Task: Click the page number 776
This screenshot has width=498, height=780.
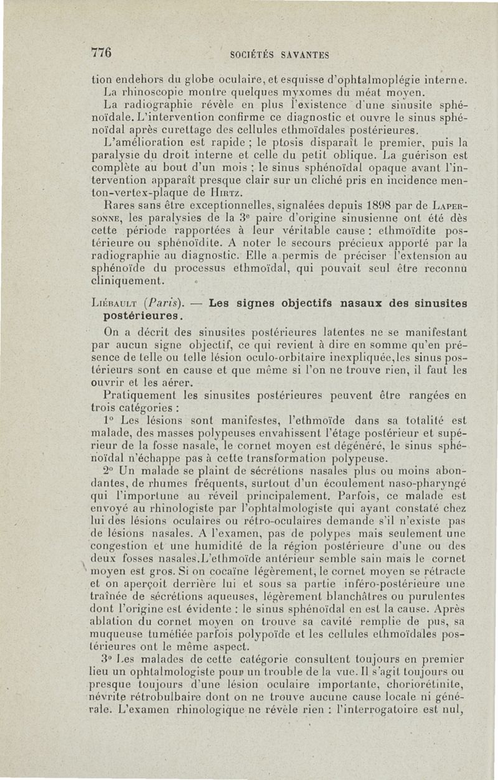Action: pos(101,53)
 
